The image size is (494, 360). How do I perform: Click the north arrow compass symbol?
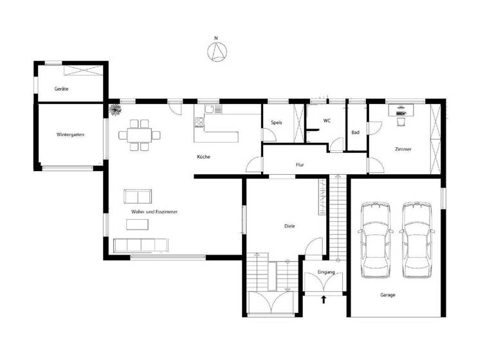coord(217,51)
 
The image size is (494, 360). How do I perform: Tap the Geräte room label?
coord(62,88)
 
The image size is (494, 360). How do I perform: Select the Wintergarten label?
coord(70,135)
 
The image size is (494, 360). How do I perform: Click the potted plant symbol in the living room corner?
coord(116,111)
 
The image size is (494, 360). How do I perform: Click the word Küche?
coord(203,157)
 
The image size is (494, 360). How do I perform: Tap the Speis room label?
coord(277,122)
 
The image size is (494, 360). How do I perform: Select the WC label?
coord(327,120)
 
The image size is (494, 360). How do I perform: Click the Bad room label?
coord(355,132)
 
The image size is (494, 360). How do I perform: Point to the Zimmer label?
coord(403,149)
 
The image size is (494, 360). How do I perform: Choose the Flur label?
coord(300,165)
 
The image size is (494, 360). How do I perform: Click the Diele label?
coord(289,226)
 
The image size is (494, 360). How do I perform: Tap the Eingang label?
coord(326,272)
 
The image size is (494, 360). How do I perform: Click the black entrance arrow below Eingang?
coord(324,298)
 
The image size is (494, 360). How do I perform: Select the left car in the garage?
coord(376,240)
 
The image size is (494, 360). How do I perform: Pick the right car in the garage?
coord(416,240)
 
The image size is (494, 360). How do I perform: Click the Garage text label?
coord(387,295)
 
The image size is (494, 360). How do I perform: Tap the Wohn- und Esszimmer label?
coord(154,212)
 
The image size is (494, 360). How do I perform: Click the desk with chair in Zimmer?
coord(402,113)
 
